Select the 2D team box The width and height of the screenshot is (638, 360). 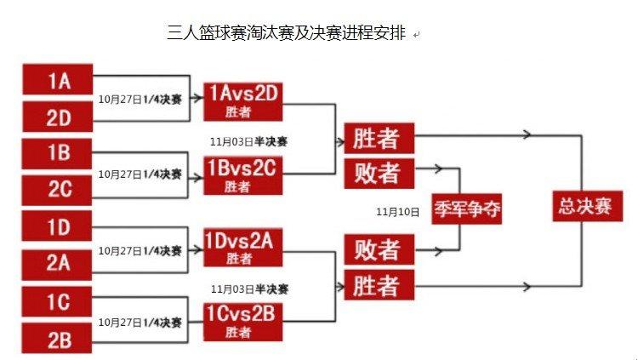[58, 117]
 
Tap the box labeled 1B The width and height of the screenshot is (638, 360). [58, 153]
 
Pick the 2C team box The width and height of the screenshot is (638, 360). [58, 189]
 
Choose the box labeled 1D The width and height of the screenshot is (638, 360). [58, 226]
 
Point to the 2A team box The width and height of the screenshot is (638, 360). [58, 263]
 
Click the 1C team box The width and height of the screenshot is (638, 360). [58, 301]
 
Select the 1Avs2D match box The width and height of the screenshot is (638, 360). [242, 101]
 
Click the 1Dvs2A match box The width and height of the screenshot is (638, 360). [242, 248]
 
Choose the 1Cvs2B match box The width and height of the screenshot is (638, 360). [242, 321]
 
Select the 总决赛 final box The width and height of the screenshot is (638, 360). [587, 207]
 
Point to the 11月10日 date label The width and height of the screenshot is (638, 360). [398, 210]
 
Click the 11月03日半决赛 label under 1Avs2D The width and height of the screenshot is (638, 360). [253, 140]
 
